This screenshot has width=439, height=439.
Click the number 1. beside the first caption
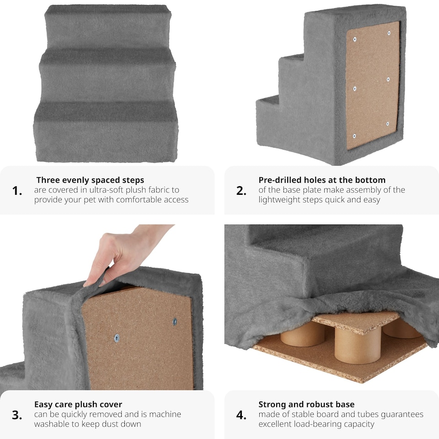(x=17, y=191)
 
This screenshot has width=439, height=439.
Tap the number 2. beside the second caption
(x=241, y=191)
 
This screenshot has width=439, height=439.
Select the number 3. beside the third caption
(x=17, y=415)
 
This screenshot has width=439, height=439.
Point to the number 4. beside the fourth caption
(x=241, y=415)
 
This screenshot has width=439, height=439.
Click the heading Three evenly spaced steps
(x=90, y=180)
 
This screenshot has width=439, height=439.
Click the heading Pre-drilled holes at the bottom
(x=322, y=180)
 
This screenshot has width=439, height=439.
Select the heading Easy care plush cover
(x=78, y=404)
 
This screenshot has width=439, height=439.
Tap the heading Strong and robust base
(x=306, y=404)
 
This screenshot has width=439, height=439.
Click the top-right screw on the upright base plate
(x=389, y=33)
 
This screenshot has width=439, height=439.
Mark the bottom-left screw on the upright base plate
(x=354, y=136)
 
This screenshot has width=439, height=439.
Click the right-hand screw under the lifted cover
(x=175, y=321)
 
